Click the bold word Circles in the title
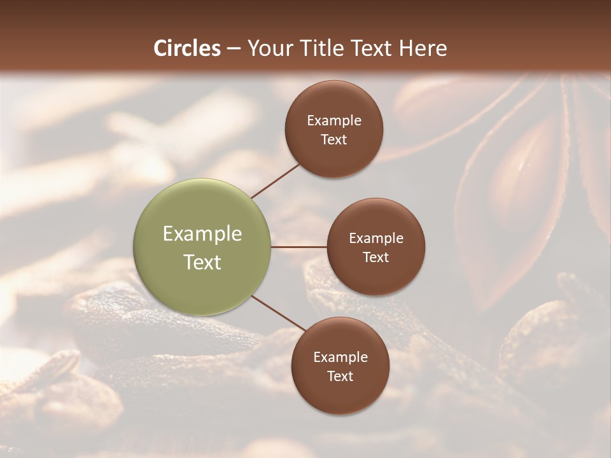click(x=187, y=48)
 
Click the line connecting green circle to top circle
click(x=275, y=180)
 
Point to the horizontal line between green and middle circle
click(x=298, y=247)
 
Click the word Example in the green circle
click(x=202, y=234)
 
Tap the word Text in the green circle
click(x=202, y=262)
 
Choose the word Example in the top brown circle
click(x=334, y=121)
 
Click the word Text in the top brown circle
click(x=334, y=140)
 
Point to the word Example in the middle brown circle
click(x=376, y=239)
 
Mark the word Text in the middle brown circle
click(x=376, y=258)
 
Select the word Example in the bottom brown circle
click(x=341, y=357)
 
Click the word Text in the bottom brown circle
click(x=341, y=377)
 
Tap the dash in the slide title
click(x=234, y=49)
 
